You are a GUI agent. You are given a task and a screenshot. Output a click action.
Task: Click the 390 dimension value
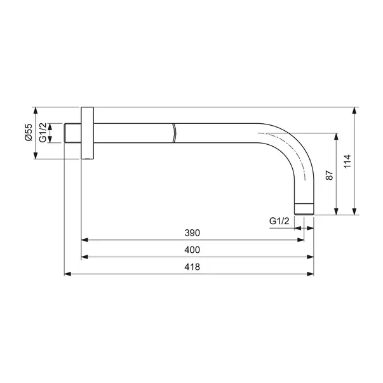click(191, 233)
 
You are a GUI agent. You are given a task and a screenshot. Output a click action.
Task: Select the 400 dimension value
click(191, 250)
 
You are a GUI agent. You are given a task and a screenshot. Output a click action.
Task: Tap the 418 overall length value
click(191, 267)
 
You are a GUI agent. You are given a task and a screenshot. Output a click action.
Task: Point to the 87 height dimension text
click(330, 176)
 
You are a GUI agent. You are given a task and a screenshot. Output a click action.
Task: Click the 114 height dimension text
click(346, 161)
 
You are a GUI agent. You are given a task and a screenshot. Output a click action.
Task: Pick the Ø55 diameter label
click(29, 133)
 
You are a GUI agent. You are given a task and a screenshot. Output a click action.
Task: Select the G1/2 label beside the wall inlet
click(43, 133)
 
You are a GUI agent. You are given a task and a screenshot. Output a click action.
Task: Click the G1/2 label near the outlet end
click(279, 221)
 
